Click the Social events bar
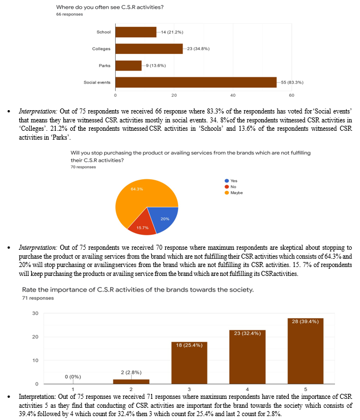[x=196, y=82]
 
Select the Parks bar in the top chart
[x=129, y=66]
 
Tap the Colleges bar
[x=149, y=49]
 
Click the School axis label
[x=103, y=32]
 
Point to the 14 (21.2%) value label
[x=172, y=32]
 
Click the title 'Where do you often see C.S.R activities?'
[x=114, y=8]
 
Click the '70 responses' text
[x=81, y=167]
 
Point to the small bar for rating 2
[x=130, y=381]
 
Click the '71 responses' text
[x=38, y=298]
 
